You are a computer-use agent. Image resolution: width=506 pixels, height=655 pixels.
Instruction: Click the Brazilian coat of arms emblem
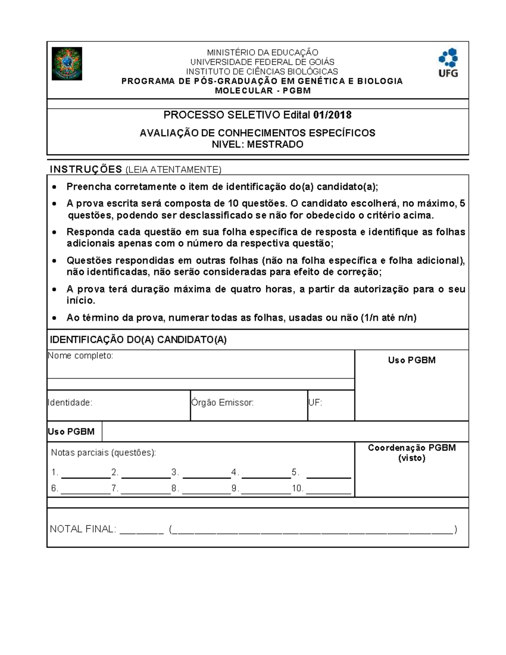pos(67,64)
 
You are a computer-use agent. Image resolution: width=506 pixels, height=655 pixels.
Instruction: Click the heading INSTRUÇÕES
pos(86,170)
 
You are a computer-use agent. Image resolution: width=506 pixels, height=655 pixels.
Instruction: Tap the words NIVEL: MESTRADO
pos(257,145)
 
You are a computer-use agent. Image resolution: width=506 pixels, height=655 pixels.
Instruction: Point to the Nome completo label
pos(81,356)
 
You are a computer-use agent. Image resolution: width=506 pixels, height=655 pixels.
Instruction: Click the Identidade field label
pos(70,402)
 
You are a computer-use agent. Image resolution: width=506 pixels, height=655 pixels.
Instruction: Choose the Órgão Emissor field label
pos(222,402)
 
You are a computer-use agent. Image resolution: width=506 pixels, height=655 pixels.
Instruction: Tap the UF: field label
pos(315,402)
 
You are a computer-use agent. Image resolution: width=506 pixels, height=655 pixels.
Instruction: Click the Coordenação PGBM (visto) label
pos(412,453)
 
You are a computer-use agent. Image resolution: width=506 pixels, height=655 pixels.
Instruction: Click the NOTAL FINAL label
pos(83,529)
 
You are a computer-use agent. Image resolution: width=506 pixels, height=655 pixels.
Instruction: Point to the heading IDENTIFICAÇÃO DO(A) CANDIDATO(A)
pos(138,340)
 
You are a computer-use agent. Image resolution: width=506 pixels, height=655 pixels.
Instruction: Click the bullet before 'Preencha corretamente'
pos(54,187)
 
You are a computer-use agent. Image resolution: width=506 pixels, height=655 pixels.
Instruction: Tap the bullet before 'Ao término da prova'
pos(54,318)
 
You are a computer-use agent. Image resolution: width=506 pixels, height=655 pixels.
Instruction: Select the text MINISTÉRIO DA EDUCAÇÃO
pos(262,53)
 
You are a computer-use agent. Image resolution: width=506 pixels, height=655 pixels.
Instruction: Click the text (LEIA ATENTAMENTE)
pos(173,170)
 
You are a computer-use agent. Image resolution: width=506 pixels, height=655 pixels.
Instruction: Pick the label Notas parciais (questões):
pos(103,453)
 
